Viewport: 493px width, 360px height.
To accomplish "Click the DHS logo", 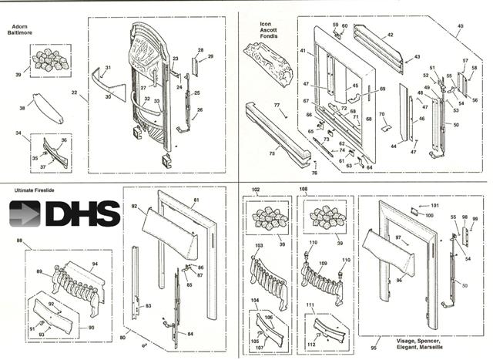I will tap(65, 214).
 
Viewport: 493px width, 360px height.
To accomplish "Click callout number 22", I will tap(75, 94).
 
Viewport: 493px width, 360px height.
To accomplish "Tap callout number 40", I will tap(460, 26).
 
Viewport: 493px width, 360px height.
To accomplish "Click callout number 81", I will tap(196, 200).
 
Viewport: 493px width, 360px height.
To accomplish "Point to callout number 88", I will tap(18, 242).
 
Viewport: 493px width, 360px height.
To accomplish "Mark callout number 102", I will tap(257, 189).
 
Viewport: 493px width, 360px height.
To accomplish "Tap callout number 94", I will tap(96, 264).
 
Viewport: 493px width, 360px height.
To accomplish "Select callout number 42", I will tap(390, 35).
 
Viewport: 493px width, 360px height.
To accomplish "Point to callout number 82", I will tap(133, 207).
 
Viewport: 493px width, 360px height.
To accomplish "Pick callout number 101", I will tap(434, 206).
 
